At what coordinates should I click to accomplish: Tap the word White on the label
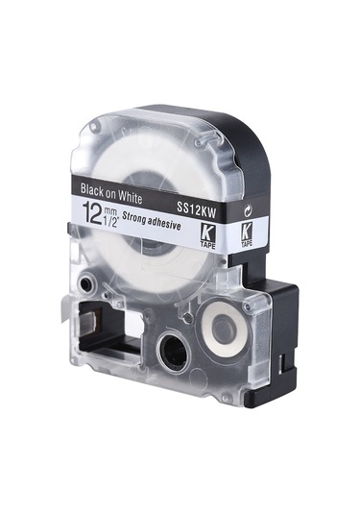click(x=130, y=198)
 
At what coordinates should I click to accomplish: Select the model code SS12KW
click(x=197, y=210)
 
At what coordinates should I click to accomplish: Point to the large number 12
click(x=93, y=212)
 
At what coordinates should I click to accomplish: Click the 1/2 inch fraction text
click(x=112, y=221)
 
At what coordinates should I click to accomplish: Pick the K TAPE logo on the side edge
click(x=247, y=235)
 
